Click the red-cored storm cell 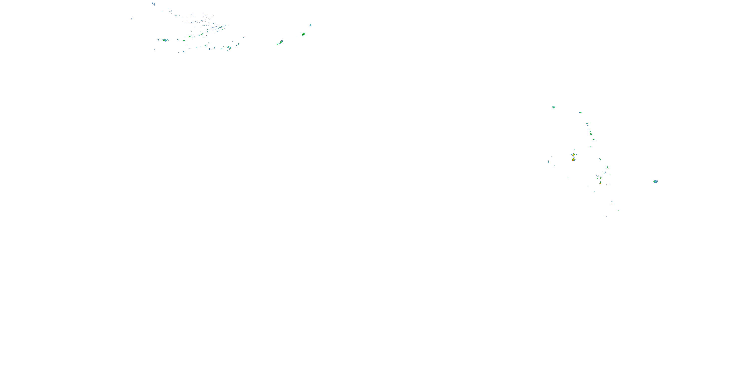(573, 160)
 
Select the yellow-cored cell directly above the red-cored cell (573, 155)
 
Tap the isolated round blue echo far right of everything (655, 182)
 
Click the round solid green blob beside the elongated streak (303, 34)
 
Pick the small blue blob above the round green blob (310, 25)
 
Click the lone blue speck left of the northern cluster (132, 19)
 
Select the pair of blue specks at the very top (153, 4)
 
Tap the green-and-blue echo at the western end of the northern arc (165, 40)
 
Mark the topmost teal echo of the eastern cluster (554, 107)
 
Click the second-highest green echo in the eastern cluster (580, 112)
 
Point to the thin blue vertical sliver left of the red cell (548, 162)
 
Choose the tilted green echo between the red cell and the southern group (600, 159)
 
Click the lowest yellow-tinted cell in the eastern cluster (600, 183)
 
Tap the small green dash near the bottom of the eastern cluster (618, 210)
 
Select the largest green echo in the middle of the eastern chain (591, 134)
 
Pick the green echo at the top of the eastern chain (587, 123)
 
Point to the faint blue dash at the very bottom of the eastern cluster (606, 216)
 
